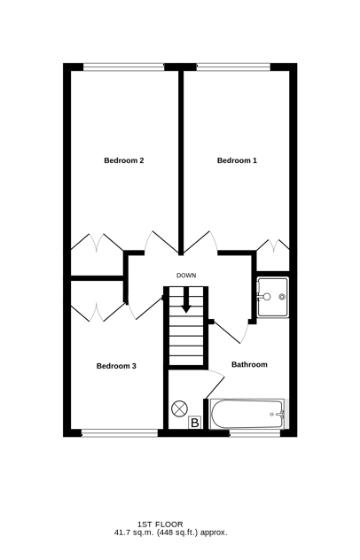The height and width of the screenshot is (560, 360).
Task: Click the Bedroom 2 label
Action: (x=123, y=160)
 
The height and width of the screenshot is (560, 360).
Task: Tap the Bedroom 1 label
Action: (x=237, y=160)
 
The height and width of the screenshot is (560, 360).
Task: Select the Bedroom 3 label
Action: (x=116, y=366)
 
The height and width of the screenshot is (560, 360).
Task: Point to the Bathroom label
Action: (x=249, y=365)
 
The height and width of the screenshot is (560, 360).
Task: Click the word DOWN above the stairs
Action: (x=186, y=276)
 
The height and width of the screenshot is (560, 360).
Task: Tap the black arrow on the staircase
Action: (x=186, y=300)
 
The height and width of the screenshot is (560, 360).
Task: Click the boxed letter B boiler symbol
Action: (x=195, y=423)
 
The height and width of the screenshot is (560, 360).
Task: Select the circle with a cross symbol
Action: (x=179, y=408)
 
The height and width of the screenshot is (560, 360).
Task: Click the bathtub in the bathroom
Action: (x=247, y=415)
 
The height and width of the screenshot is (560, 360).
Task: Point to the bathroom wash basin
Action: (x=273, y=297)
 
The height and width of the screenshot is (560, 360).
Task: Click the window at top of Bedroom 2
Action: (x=123, y=66)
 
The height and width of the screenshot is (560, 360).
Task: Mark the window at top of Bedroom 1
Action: (x=233, y=66)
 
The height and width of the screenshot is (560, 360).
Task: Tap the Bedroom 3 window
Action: (x=120, y=433)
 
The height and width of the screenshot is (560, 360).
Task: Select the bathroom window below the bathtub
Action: (x=254, y=433)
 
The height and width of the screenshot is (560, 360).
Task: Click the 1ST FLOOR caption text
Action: (x=160, y=525)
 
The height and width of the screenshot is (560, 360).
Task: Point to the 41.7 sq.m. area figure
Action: (x=134, y=533)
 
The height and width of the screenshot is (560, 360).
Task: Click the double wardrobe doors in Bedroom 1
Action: (x=273, y=245)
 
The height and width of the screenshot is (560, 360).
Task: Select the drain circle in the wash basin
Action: (x=283, y=297)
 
